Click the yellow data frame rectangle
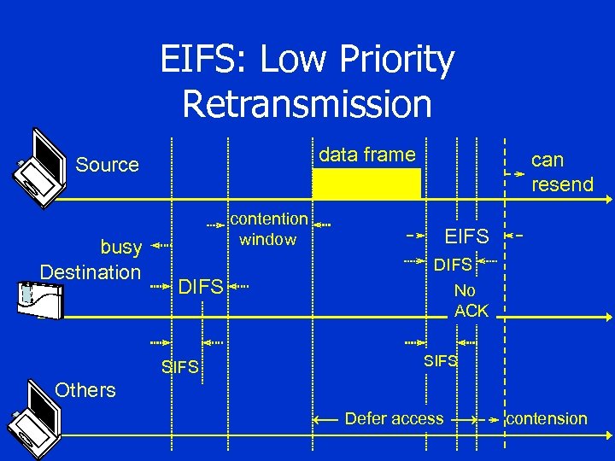366,184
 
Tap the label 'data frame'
366,155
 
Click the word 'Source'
107,165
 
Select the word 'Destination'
91,272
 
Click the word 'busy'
121,248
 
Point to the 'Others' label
85,390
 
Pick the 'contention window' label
268,230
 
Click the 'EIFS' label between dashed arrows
466,236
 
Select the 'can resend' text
561,172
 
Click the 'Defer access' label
394,418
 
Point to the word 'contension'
547,418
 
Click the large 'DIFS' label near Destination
201,287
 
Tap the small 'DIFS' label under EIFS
452,266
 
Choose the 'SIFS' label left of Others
179,368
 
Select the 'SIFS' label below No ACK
441,361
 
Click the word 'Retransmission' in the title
307,104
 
